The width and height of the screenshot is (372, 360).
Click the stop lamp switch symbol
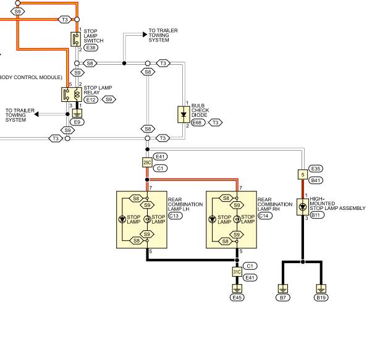(76, 39)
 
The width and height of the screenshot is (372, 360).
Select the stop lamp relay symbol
(72, 94)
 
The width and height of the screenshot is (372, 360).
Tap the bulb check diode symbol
(184, 114)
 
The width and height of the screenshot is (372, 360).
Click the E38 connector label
(91, 48)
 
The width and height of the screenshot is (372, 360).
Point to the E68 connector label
(198, 122)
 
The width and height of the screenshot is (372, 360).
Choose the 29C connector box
(147, 162)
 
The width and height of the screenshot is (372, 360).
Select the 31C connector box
(237, 272)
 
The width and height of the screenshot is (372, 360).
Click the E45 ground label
(237, 298)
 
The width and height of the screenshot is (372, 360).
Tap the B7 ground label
(283, 298)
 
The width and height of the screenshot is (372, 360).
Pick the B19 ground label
(321, 298)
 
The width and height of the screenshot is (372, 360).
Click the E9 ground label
(77, 122)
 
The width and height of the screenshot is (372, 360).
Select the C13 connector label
(175, 216)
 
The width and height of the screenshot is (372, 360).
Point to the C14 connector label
(264, 216)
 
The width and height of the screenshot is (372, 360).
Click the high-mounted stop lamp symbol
(303, 207)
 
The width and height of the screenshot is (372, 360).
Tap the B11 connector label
(317, 215)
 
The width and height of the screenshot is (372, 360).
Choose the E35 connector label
(316, 169)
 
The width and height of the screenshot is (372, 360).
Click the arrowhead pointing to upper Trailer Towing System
(145, 35)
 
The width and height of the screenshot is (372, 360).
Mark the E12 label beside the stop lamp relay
(91, 99)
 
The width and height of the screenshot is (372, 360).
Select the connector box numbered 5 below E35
(303, 175)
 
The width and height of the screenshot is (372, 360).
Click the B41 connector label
(316, 180)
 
